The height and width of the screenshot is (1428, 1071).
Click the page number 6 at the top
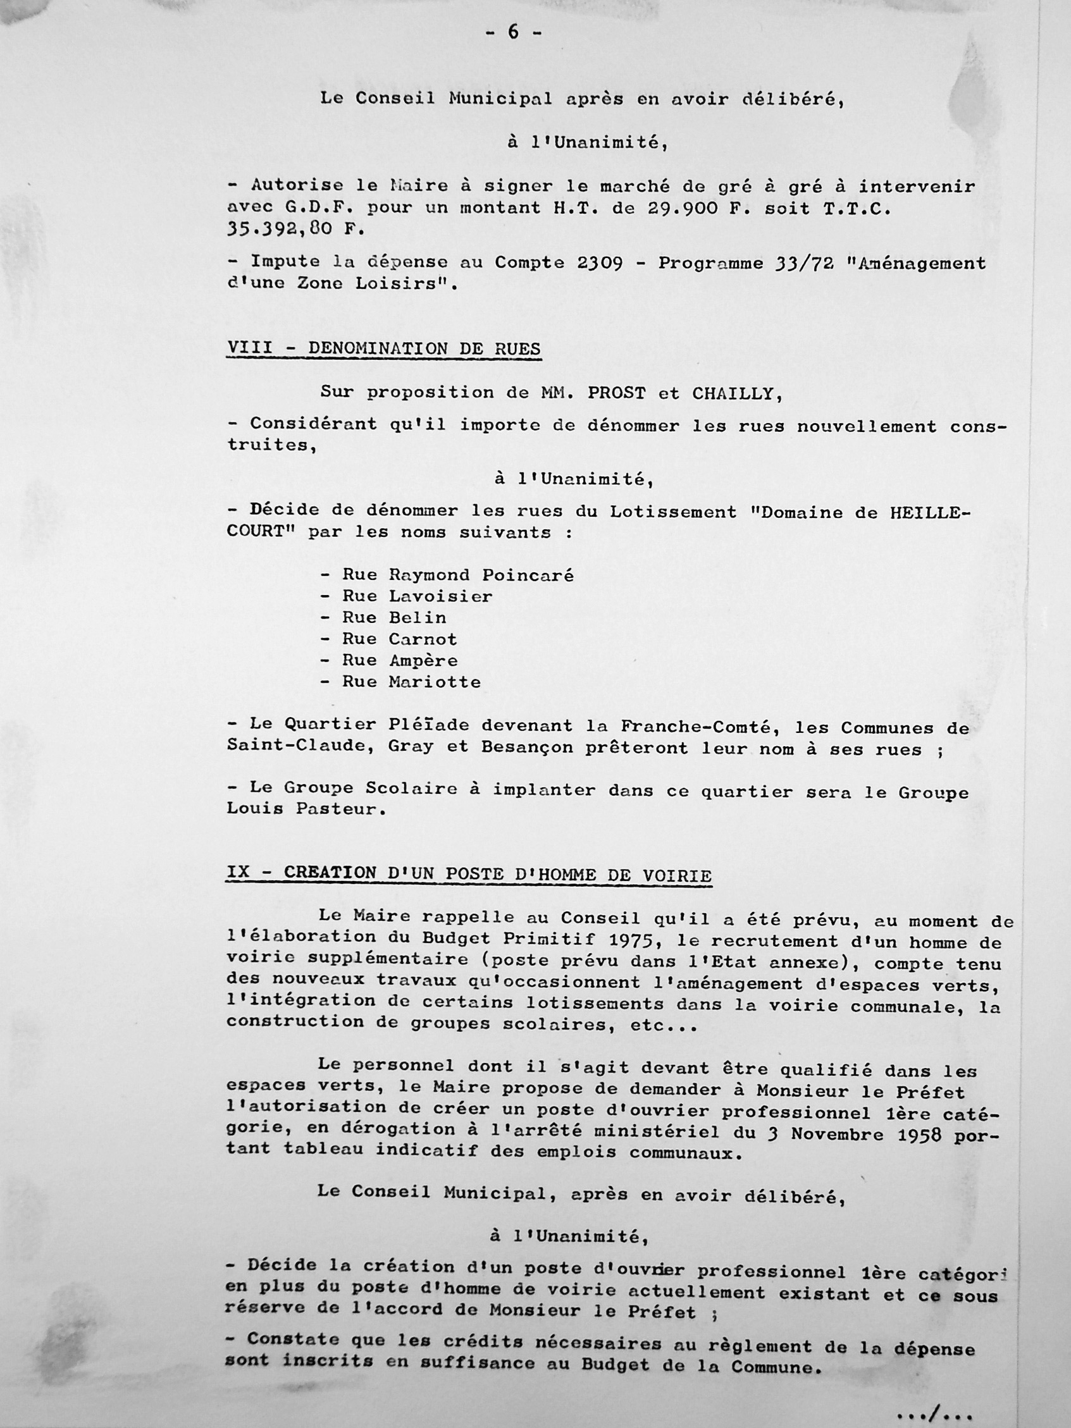click(514, 32)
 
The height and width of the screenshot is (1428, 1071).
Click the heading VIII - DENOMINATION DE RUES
click(383, 348)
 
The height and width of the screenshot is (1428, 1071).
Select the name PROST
click(607, 393)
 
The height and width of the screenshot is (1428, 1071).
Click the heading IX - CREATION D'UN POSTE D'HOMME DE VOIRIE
click(469, 875)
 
